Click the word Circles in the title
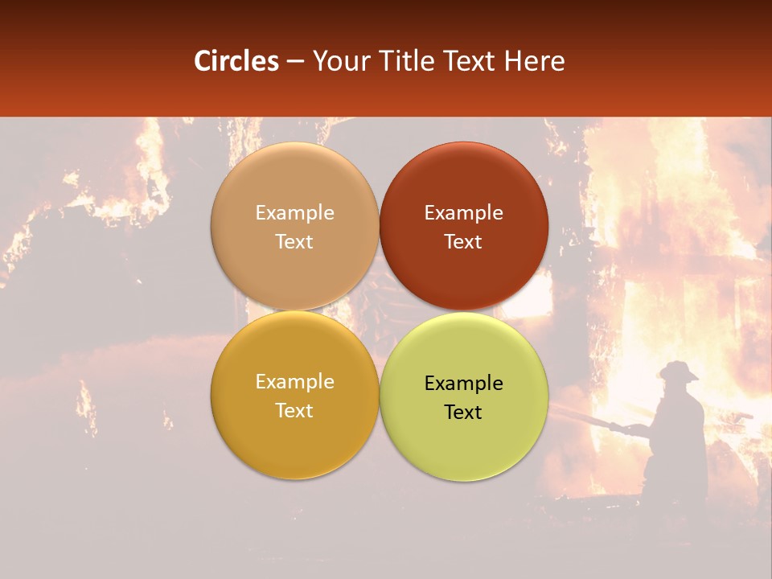pos(236,61)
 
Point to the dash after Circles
pos(295,62)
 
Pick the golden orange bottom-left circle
pos(294,438)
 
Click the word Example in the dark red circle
pos(463,212)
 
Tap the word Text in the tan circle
pos(294,241)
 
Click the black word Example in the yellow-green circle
pos(463,383)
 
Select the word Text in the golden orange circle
pos(294,410)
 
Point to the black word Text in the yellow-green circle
pos(463,412)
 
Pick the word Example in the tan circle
pos(294,212)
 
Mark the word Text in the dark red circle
pos(463,241)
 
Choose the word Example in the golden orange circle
pos(294,381)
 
